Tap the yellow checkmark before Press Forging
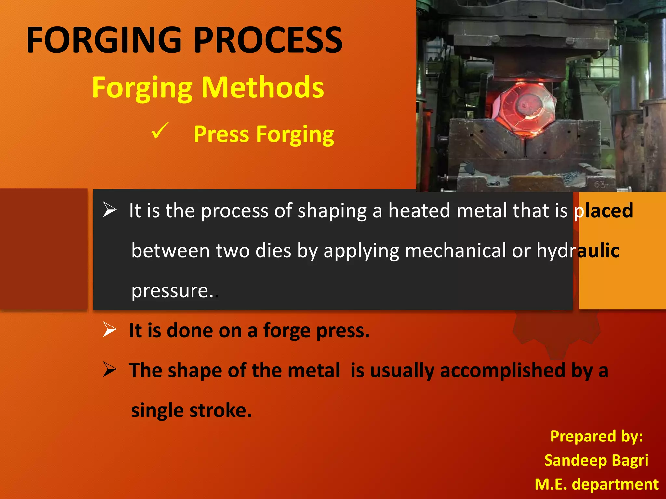coord(160,131)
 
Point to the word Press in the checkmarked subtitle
coord(221,134)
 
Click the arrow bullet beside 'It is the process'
coord(110,210)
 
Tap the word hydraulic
coord(578,250)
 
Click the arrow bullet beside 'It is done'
coord(110,329)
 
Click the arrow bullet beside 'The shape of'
coord(110,369)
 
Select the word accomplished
coord(503,370)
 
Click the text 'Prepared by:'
coord(596,436)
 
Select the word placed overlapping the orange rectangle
coord(604,211)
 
